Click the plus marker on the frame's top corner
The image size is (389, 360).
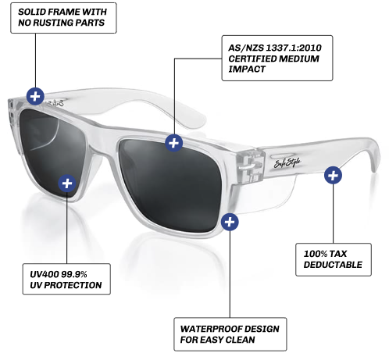pos(35,97)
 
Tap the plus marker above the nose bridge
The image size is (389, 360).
pos(174,143)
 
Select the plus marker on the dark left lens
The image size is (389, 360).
pos(67,184)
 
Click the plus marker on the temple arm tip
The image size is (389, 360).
pos(333,175)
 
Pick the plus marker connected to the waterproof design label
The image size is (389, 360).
pos(230,222)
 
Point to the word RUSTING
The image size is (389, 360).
pos(50,23)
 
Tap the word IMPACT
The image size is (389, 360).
pos(247,70)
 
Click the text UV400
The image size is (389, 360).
pos(45,274)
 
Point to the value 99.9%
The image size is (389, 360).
pos(74,274)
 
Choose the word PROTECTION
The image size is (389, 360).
pos(73,285)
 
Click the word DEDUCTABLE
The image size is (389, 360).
pos(333,265)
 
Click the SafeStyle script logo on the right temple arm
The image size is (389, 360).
pos(287,162)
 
